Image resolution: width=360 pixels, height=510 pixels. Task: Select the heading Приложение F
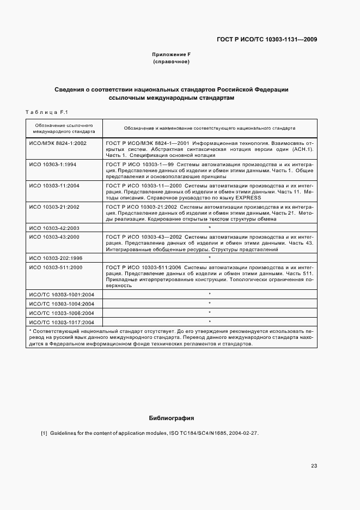[x=171, y=54]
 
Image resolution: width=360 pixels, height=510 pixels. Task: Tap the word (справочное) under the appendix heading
[x=171, y=62]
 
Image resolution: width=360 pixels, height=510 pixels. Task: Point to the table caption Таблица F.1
[x=46, y=112]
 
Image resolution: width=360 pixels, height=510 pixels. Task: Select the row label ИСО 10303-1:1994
[x=52, y=164]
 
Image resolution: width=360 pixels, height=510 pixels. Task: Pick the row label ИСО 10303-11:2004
[x=54, y=185]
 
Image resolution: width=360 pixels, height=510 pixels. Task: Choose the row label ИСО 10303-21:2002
[x=54, y=207]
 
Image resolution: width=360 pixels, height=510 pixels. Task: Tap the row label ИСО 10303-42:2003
[x=54, y=228]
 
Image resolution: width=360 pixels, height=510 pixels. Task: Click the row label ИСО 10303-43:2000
[x=54, y=237]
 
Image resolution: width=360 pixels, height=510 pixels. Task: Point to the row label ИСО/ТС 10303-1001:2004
[x=62, y=294]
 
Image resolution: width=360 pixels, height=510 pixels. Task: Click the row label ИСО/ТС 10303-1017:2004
[x=62, y=322]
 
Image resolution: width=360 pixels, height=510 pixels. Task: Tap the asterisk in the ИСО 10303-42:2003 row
[x=210, y=228]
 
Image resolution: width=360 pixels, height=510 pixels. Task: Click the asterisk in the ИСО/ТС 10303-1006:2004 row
[x=210, y=313]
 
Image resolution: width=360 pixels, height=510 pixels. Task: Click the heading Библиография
[x=172, y=418]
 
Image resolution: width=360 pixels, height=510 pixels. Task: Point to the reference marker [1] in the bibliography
[x=44, y=433]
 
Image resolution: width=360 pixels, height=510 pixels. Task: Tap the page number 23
[x=314, y=466]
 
